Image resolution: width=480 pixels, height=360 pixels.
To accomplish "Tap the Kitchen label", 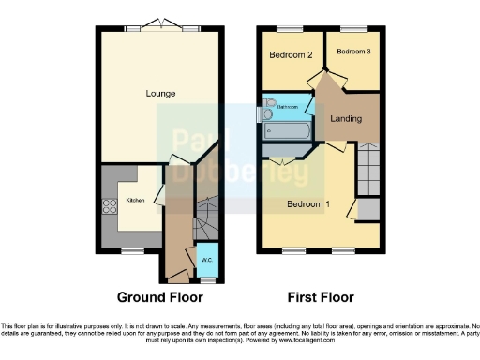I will tap(136, 200).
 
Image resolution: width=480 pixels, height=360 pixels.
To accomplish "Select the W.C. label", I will tap(206, 259).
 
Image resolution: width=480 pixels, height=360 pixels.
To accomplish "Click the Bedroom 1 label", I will tap(308, 203).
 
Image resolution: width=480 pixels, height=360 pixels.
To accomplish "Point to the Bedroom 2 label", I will tap(292, 54).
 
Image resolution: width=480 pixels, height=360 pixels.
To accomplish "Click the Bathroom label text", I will tap(287, 107).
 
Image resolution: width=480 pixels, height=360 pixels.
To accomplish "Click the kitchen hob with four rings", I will tap(108, 209).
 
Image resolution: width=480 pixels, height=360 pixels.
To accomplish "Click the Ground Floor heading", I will tap(159, 298).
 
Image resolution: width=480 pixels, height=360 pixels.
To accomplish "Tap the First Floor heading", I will tap(320, 298).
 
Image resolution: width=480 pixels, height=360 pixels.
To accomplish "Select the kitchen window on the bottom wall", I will tap(127, 250).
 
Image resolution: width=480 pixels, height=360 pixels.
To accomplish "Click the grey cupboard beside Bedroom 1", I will tap(369, 208).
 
